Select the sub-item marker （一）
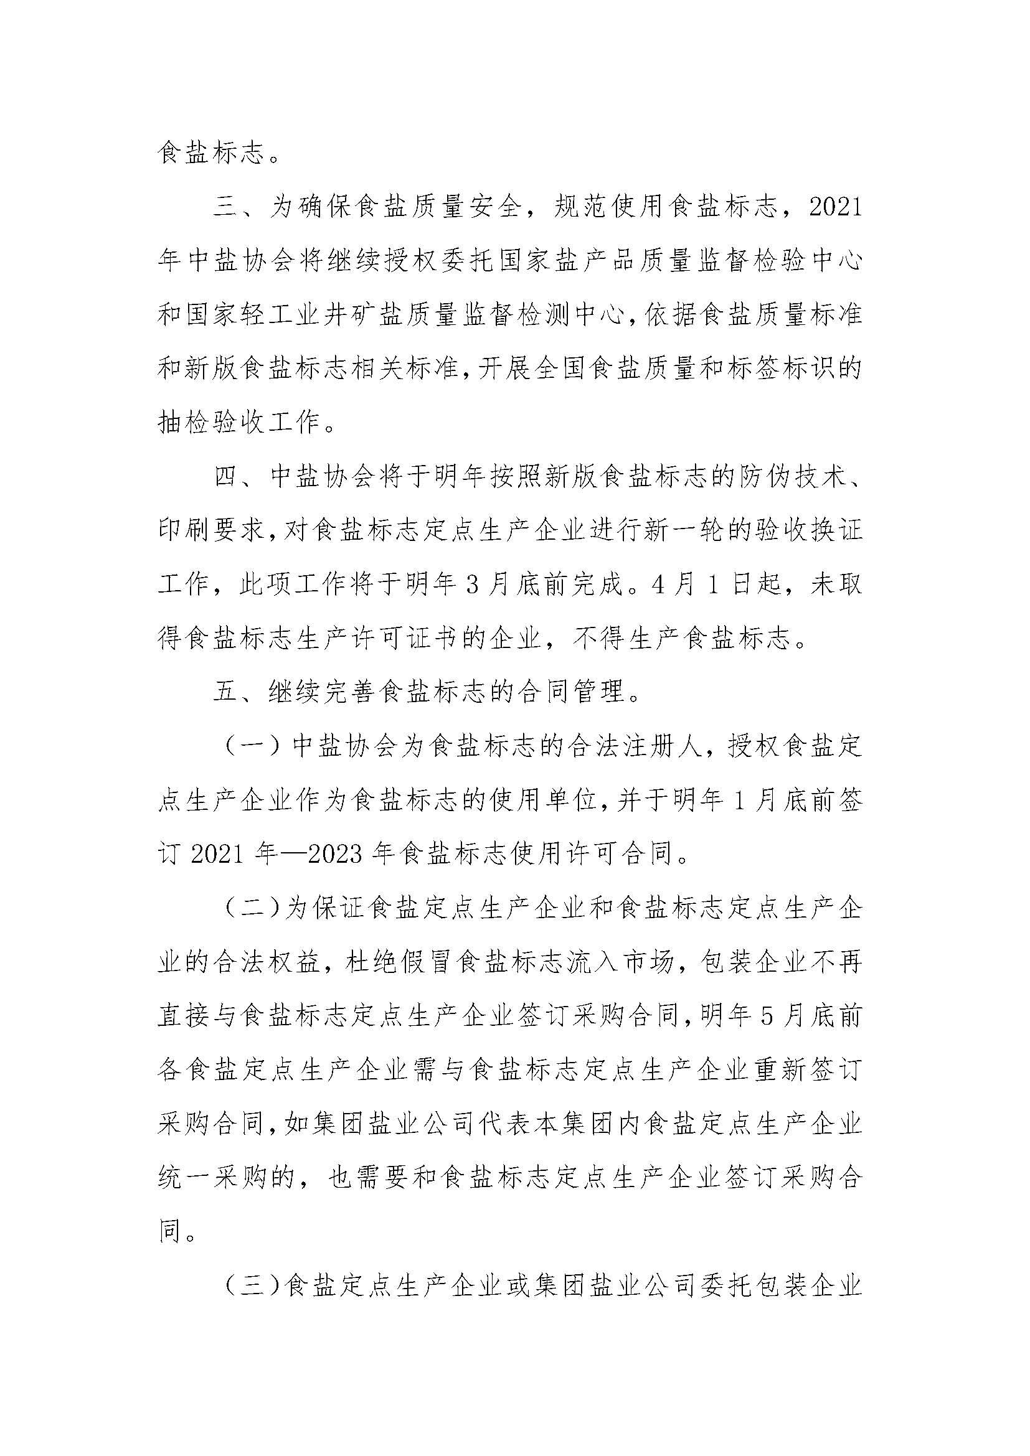[x=252, y=746]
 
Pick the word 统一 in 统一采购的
[x=184, y=1178]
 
